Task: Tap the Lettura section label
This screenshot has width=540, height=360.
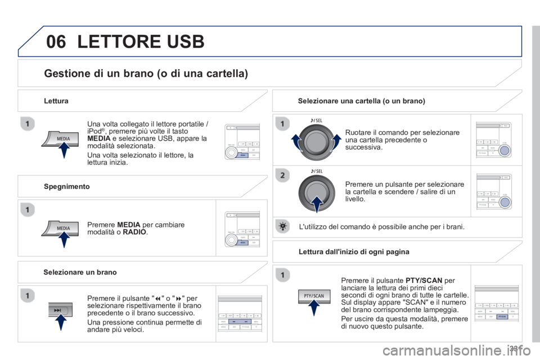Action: coord(56,101)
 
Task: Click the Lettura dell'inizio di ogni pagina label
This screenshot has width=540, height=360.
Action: coord(354,251)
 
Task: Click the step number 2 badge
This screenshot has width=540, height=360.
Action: coord(282,175)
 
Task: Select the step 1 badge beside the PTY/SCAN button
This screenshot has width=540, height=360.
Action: coord(282,274)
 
